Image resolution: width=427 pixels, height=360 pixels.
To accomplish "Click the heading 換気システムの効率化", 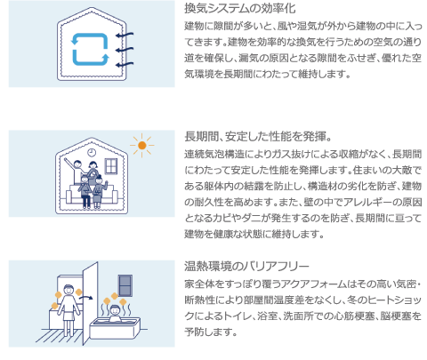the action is pyautogui.click(x=240, y=8).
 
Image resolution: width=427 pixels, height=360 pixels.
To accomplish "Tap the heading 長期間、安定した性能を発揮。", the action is pyautogui.click(x=258, y=137).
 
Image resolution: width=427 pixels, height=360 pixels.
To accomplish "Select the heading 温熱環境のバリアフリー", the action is pyautogui.click(x=246, y=266).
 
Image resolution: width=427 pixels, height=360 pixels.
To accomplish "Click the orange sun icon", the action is pyautogui.click(x=142, y=145).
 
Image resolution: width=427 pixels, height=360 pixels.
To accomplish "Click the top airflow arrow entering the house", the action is pyautogui.click(x=125, y=36).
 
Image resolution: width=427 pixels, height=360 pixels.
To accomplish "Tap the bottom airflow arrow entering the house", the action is pyautogui.click(x=125, y=65).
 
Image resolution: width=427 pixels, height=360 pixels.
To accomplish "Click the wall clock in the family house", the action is pyautogui.click(x=92, y=152).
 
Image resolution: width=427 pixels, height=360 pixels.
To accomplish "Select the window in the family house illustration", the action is pyautogui.click(x=111, y=166).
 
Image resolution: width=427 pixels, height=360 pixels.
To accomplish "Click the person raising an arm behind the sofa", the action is pyautogui.click(x=76, y=170).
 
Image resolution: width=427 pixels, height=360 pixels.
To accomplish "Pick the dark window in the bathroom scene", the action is pyautogui.click(x=125, y=285).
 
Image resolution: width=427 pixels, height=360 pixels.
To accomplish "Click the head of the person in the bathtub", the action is pyautogui.click(x=115, y=310).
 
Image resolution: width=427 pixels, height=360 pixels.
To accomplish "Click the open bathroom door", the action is pyautogui.click(x=90, y=303).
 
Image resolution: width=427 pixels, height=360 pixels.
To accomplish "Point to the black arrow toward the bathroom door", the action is pyautogui.click(x=86, y=297).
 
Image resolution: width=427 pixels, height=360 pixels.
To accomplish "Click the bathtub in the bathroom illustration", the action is pyautogui.click(x=115, y=328).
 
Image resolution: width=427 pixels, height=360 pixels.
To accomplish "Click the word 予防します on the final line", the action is pyautogui.click(x=211, y=332).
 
